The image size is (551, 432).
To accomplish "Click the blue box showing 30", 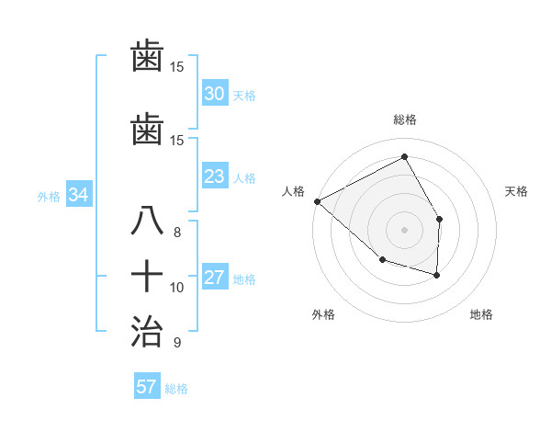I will coord(214,94).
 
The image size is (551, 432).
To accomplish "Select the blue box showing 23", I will coord(214,176).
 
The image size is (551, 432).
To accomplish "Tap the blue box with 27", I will coord(214,279).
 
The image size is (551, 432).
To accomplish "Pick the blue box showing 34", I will coord(78,195).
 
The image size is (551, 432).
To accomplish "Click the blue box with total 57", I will coord(147,387).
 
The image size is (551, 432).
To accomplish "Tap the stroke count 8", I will coord(177,232).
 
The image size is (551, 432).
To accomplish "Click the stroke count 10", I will coord(177,287).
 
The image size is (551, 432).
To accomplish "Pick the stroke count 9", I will coord(177,343).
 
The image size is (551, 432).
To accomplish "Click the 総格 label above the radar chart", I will coord(404,119).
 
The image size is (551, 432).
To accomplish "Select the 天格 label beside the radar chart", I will coord(517,191).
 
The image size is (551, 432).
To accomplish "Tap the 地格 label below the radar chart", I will coord(481,314).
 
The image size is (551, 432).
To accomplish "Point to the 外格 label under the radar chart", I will coord(323,314).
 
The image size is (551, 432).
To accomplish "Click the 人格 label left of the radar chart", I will coord(294,191).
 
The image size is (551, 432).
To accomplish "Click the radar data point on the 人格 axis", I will coord(317,201).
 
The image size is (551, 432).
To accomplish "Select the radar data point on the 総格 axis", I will coord(404,157).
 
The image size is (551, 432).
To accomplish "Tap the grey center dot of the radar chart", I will coord(404,229).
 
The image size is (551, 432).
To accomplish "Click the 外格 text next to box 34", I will coord(49,196).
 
